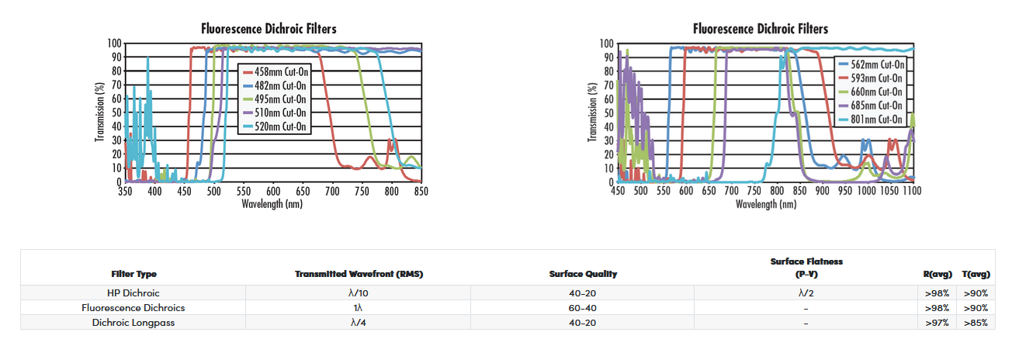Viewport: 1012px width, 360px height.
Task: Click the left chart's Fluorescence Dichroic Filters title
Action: [x=269, y=29]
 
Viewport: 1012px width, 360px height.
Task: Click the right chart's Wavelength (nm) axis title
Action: [x=765, y=205]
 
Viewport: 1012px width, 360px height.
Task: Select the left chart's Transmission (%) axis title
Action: [x=100, y=112]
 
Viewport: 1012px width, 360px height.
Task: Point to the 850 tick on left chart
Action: [x=421, y=191]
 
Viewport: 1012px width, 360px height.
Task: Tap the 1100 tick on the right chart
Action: [x=912, y=191]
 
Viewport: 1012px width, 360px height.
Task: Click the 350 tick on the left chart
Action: [x=125, y=191]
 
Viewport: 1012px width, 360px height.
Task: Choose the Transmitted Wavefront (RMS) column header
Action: [x=359, y=274]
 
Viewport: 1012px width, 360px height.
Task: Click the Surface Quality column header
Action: [x=583, y=274]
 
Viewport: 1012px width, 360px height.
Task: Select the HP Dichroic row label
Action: [x=133, y=293]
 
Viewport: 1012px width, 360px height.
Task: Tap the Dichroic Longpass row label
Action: [x=133, y=322]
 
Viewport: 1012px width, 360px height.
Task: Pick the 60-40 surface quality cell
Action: [x=583, y=308]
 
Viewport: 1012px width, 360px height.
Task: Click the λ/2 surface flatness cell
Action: [x=806, y=293]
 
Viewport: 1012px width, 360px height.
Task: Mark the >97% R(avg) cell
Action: [x=937, y=322]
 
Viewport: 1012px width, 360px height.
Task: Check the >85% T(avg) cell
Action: [x=976, y=322]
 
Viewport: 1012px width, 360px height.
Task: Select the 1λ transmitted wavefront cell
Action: [x=359, y=308]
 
